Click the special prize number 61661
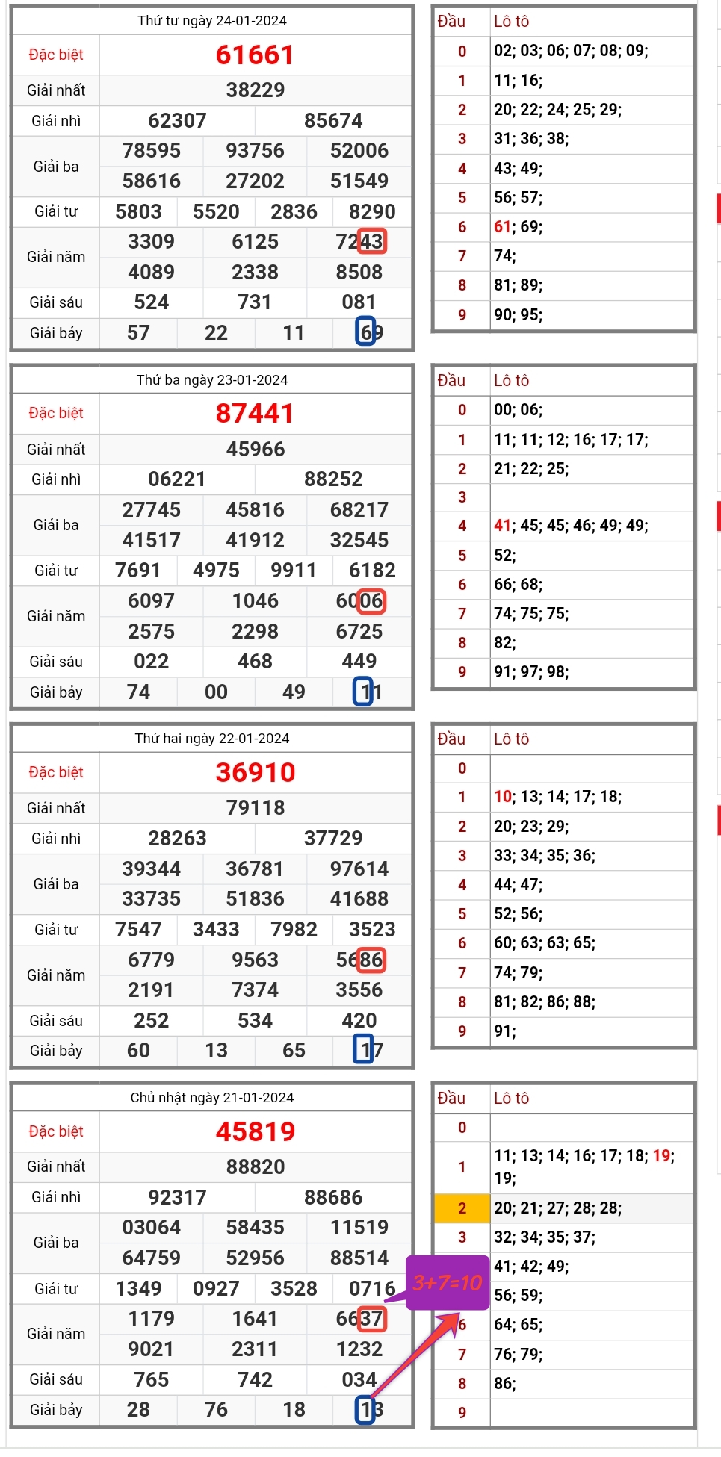pos(255,55)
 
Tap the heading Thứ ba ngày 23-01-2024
pos(212,379)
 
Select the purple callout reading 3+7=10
pos(447,1283)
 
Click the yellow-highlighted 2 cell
pos(462,1208)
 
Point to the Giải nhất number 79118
pos(256,807)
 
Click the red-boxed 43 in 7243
pos(371,241)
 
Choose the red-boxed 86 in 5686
pos(371,960)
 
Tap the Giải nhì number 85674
pos(333,120)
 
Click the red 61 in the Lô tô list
pos(502,226)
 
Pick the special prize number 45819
pos(256,1131)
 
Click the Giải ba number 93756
pos(256,150)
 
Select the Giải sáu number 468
pos(256,661)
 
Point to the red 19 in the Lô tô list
pos(661,1156)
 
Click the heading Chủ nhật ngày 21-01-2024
pos(212,1097)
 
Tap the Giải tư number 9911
pos(294,570)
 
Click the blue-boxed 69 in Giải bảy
pos(367,332)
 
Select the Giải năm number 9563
pos(256,960)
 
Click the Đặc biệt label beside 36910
pos(56,772)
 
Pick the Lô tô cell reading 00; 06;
pos(519,409)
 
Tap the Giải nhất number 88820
pos(256,1166)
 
